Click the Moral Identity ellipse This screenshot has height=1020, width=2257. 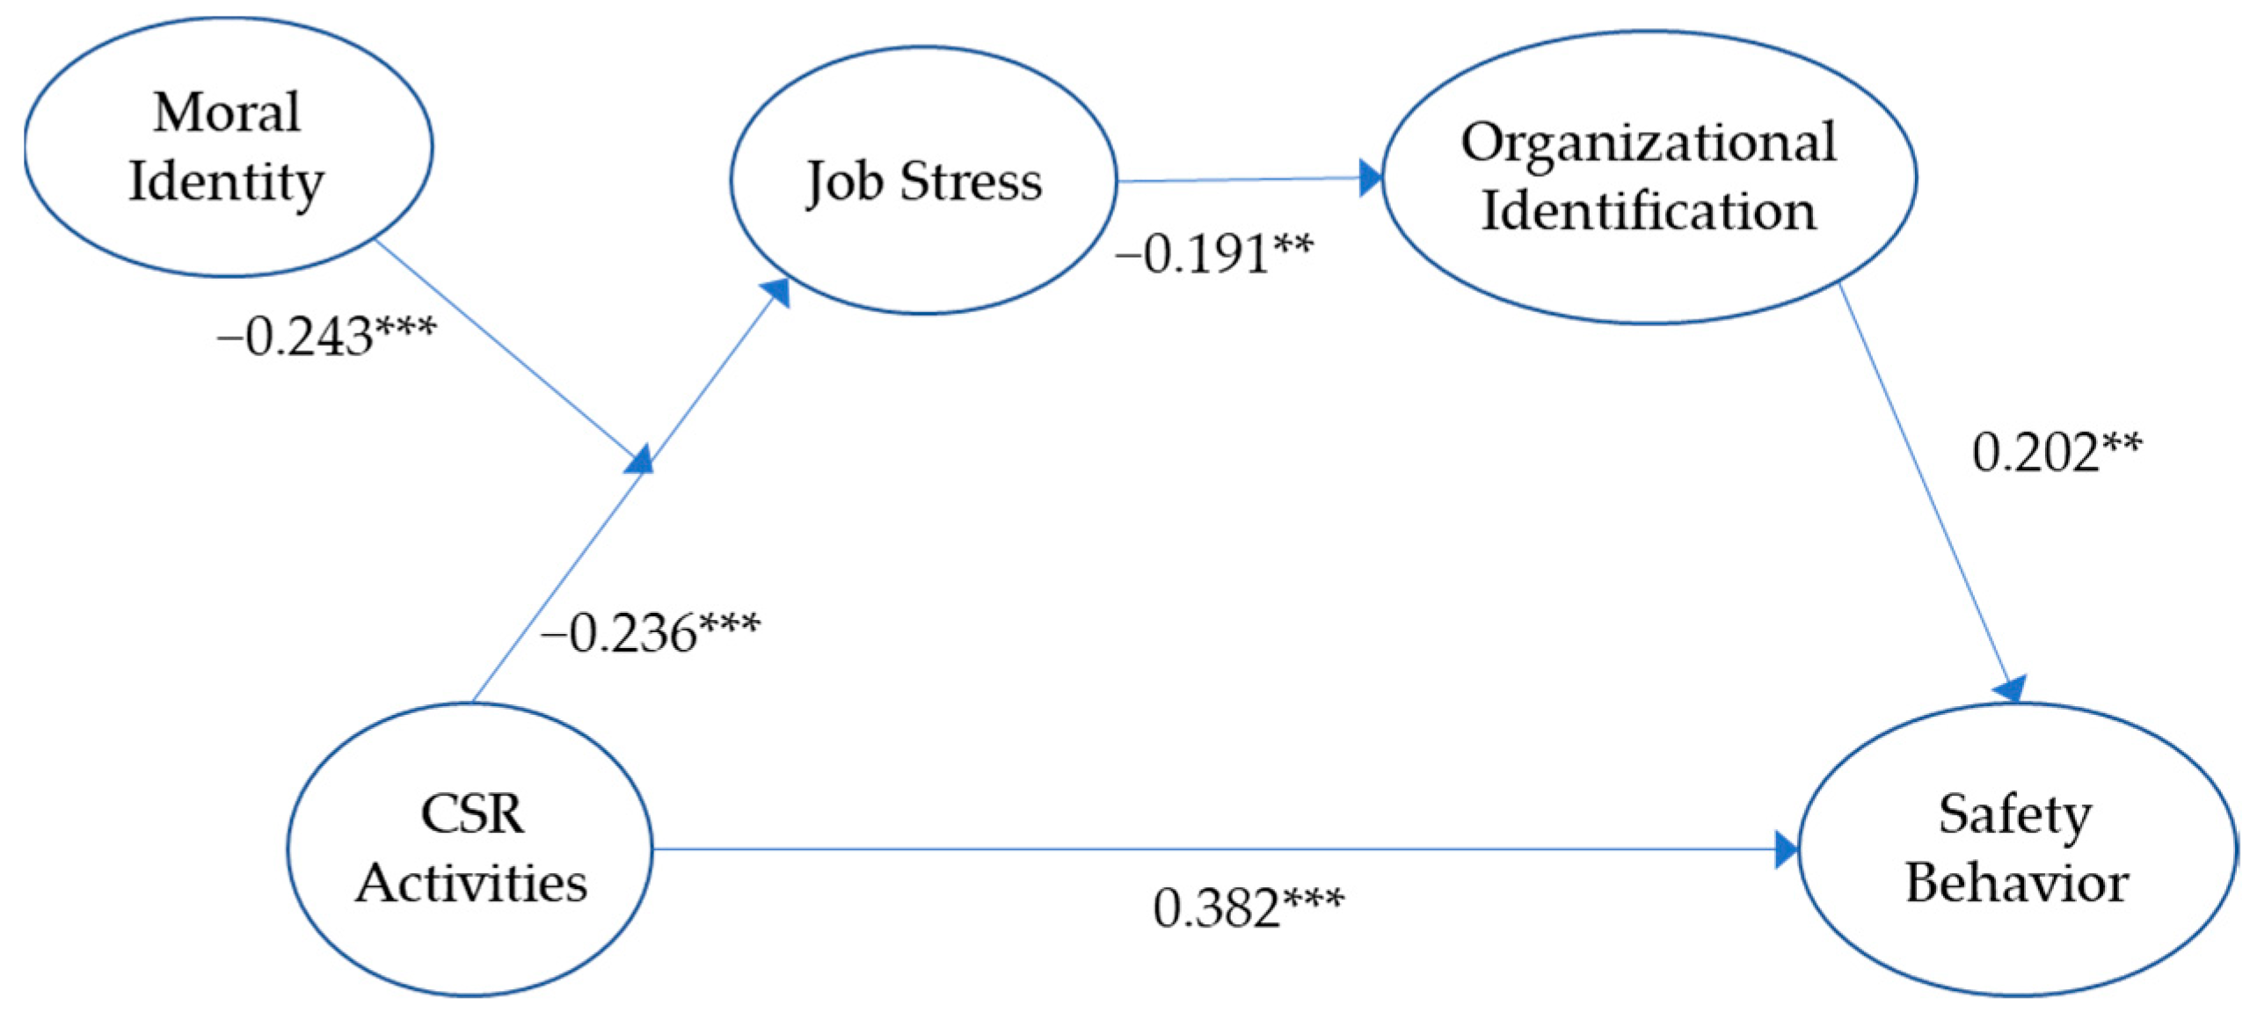tap(227, 146)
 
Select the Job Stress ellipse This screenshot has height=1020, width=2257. tap(923, 180)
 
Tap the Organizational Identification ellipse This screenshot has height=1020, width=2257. tap(1649, 177)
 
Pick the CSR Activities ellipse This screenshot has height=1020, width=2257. tap(470, 849)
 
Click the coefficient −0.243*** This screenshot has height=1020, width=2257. tap(326, 337)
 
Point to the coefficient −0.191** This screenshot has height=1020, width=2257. tap(1214, 254)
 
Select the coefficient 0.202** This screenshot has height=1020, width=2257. tap(2057, 453)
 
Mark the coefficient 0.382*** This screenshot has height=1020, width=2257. tap(1248, 908)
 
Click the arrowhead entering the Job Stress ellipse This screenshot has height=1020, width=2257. tap(776, 293)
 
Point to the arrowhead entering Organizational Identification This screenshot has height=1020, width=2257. tap(1370, 178)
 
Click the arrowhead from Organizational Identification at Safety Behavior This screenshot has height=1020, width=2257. tap(2013, 688)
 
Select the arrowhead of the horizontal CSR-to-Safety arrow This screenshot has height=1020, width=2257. tap(1786, 849)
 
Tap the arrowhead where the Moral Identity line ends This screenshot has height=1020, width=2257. tap(639, 459)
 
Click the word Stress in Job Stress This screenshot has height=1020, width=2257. tap(971, 181)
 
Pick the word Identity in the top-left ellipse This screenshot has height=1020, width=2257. tap(227, 182)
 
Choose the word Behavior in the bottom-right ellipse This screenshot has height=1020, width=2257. tap(2017, 883)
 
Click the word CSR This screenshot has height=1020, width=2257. tap(472, 814)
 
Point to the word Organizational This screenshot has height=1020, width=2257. tap(1649, 142)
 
